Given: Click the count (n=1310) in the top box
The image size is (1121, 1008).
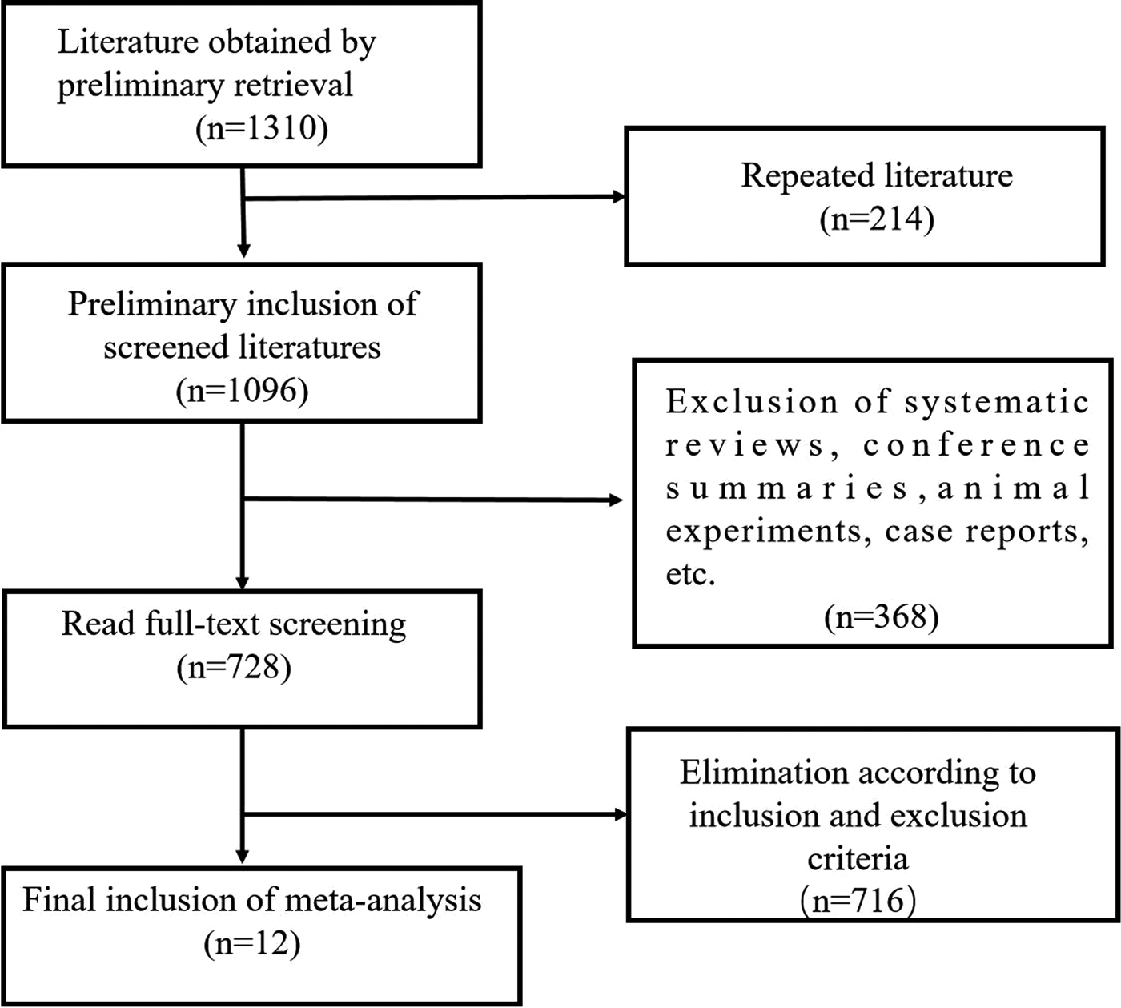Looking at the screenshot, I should click(x=262, y=128).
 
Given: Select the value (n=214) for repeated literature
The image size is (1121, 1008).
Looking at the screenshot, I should click(x=877, y=219).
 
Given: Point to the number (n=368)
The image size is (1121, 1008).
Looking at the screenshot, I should click(x=881, y=616).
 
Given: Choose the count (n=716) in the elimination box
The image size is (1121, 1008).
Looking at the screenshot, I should click(x=858, y=901).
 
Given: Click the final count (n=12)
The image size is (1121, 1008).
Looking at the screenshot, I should click(x=252, y=943).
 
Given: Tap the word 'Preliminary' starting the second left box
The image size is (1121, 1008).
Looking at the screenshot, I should click(x=151, y=304).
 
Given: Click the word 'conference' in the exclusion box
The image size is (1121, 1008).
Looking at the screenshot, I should click(x=976, y=445).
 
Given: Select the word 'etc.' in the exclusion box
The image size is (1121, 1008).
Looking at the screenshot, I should click(x=689, y=574).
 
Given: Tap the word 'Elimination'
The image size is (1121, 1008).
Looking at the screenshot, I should click(x=763, y=773).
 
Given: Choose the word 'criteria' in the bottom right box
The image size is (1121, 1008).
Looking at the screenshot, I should click(x=858, y=858).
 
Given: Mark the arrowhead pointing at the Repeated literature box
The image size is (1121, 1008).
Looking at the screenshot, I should click(x=619, y=197).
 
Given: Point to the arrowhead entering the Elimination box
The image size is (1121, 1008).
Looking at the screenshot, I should click(x=621, y=815).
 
